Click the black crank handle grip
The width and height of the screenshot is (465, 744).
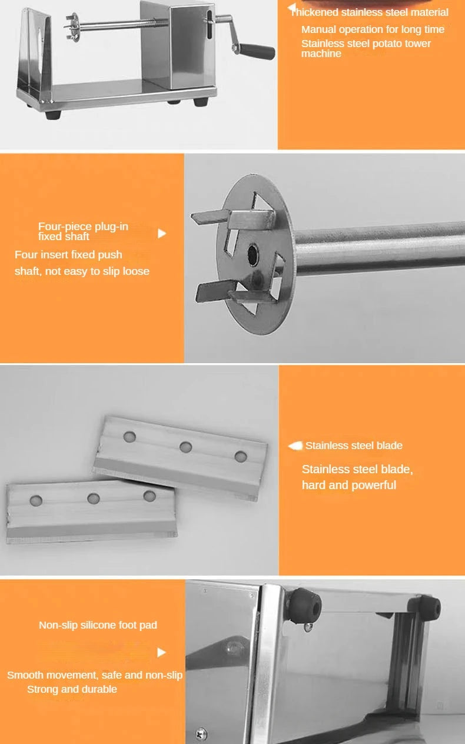click(x=257, y=51)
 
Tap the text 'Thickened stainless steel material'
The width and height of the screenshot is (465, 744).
click(x=369, y=12)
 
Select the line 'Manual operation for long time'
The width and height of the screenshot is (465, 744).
click(x=373, y=29)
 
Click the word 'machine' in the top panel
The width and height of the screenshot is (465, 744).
click(x=321, y=54)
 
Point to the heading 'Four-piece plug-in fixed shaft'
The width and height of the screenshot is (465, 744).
click(x=83, y=231)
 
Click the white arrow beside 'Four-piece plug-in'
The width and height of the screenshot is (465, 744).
click(x=162, y=234)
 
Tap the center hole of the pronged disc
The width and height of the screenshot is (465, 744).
click(x=253, y=254)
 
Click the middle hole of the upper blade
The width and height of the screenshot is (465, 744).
click(x=185, y=447)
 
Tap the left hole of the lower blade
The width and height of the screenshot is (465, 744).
click(x=36, y=500)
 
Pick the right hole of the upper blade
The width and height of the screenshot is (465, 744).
click(x=241, y=456)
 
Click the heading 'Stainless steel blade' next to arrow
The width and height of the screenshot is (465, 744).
click(x=354, y=446)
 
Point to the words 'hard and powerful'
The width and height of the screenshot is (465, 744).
click(x=348, y=485)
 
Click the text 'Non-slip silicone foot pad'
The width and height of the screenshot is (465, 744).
click(x=98, y=625)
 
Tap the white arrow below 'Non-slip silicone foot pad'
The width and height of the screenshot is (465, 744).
click(x=161, y=652)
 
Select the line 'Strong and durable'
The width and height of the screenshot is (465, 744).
click(x=72, y=689)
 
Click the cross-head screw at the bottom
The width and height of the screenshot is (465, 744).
click(x=201, y=733)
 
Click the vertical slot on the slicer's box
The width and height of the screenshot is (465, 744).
click(x=210, y=25)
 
